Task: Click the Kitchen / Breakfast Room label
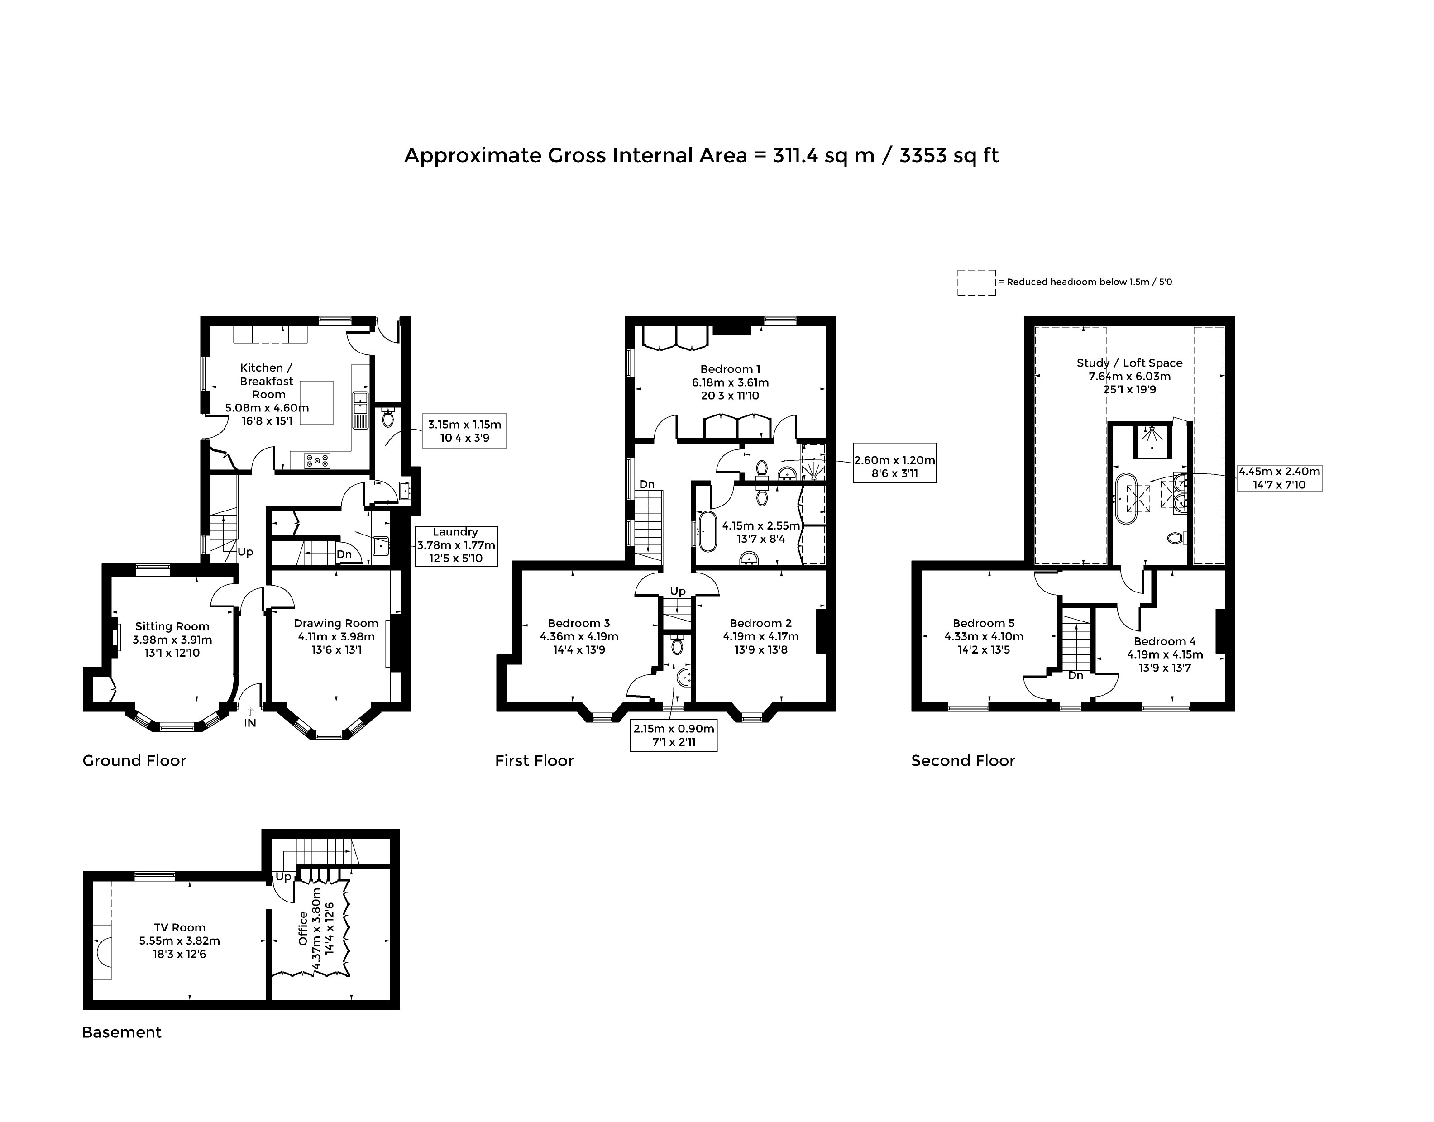click(267, 381)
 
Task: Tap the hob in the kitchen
click(317, 461)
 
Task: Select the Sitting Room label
click(172, 627)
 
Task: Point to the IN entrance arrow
click(249, 711)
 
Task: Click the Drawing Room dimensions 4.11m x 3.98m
click(336, 636)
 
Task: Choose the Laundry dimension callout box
click(455, 546)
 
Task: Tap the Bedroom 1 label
click(730, 369)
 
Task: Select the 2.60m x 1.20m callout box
click(895, 463)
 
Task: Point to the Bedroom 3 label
click(579, 623)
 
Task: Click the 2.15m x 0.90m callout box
click(673, 736)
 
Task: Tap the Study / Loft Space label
click(1129, 363)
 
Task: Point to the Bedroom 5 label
click(983, 623)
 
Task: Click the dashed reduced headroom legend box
click(976, 282)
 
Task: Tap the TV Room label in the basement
click(179, 927)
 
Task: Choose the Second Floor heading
click(963, 761)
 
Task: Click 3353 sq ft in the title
click(949, 156)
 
